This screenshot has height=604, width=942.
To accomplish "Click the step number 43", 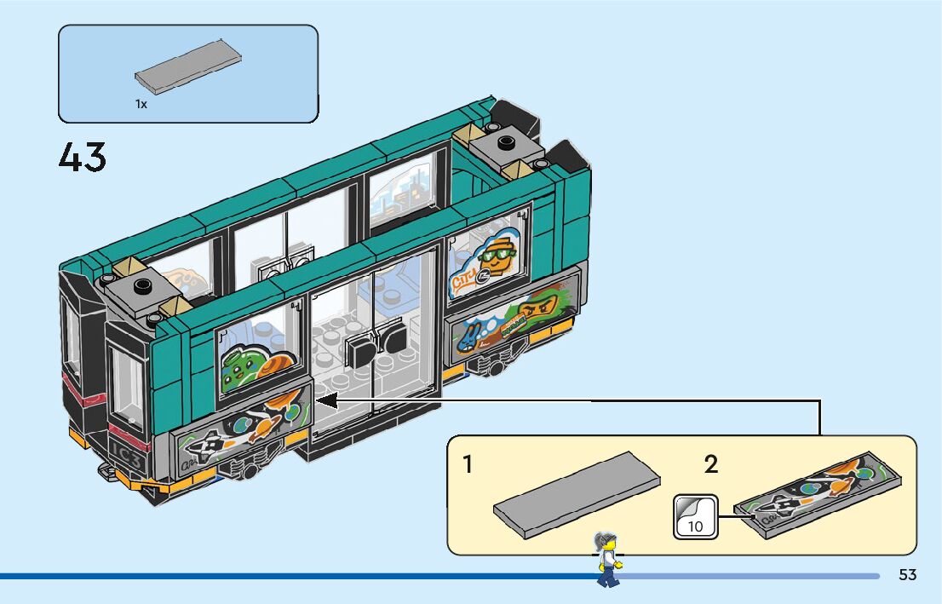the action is click(x=83, y=158).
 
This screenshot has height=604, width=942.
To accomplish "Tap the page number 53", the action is click(x=907, y=575).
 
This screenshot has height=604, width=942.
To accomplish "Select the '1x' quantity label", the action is click(x=141, y=104).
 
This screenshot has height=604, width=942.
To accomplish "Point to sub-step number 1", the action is click(x=468, y=465).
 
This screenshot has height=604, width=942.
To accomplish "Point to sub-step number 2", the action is click(x=710, y=465).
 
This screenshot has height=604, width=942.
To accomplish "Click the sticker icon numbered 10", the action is click(x=695, y=517).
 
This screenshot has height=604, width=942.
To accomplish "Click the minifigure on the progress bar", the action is click(x=607, y=558).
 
